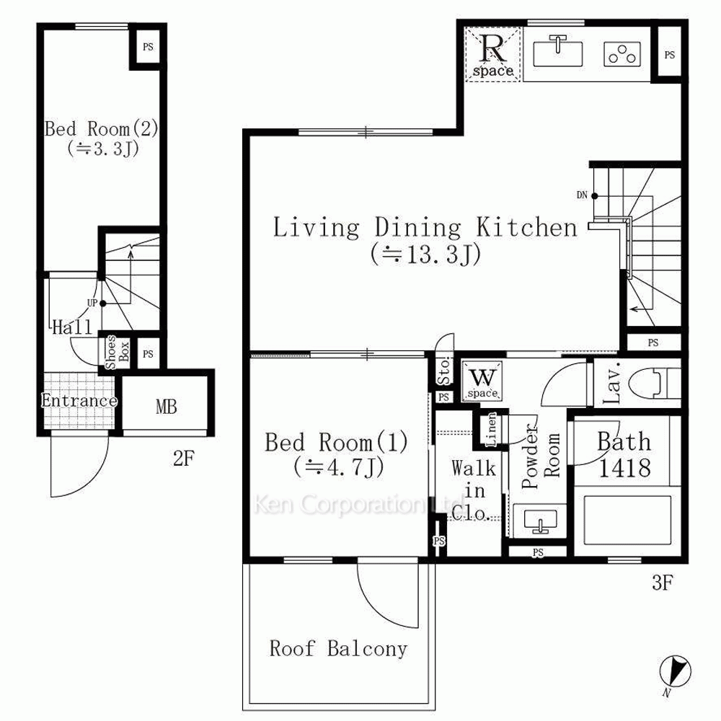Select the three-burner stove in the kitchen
click(x=622, y=54)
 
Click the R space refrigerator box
click(x=492, y=54)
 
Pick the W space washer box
click(x=482, y=380)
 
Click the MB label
click(x=166, y=407)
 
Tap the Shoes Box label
click(x=117, y=353)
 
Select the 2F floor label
click(x=183, y=459)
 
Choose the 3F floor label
click(x=663, y=583)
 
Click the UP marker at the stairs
click(x=97, y=304)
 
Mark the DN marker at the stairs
click(x=587, y=195)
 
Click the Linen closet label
click(x=492, y=430)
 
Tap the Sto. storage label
click(x=444, y=371)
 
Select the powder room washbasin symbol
click(x=540, y=520)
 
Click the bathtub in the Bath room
click(x=628, y=520)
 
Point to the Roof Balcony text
click(x=338, y=649)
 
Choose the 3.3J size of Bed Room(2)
click(x=103, y=149)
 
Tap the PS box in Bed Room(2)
click(x=148, y=46)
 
